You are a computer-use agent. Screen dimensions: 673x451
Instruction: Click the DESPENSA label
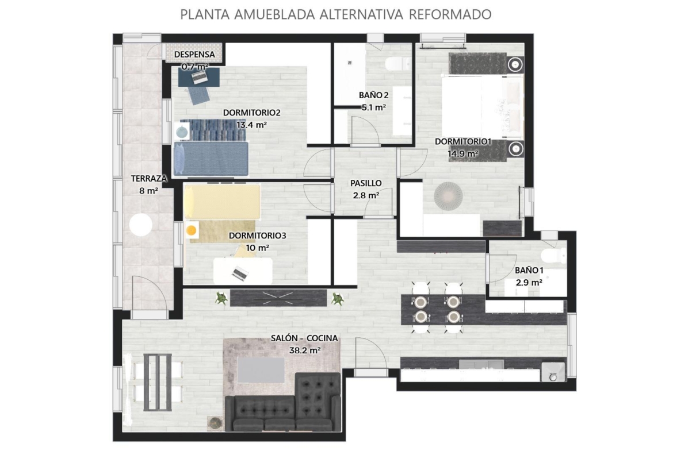pos(194,55)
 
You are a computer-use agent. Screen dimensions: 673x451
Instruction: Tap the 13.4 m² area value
pos(252,125)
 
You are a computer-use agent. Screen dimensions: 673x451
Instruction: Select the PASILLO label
pos(366,183)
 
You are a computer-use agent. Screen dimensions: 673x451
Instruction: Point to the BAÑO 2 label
pos(374,95)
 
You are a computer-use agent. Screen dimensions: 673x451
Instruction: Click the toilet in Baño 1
pos(553,256)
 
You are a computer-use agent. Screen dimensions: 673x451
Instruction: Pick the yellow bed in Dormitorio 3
pos(222,202)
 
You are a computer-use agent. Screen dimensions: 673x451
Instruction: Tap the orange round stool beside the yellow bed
pos(192,230)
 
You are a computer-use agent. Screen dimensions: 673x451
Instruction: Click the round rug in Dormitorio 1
pos(448,196)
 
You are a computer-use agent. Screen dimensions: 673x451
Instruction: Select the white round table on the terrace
pos(141,225)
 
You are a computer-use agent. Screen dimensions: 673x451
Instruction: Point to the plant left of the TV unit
pos(221,298)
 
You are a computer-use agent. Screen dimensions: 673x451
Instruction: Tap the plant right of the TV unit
pos(338,298)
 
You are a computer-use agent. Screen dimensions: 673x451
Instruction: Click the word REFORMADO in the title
pos(450,14)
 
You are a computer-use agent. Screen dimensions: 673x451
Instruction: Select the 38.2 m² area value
pos(305,350)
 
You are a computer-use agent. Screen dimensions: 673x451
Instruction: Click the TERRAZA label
pos(148,178)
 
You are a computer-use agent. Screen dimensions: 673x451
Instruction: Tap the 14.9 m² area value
pos(463,153)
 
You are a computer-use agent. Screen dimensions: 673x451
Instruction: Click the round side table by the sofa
pos(215,423)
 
